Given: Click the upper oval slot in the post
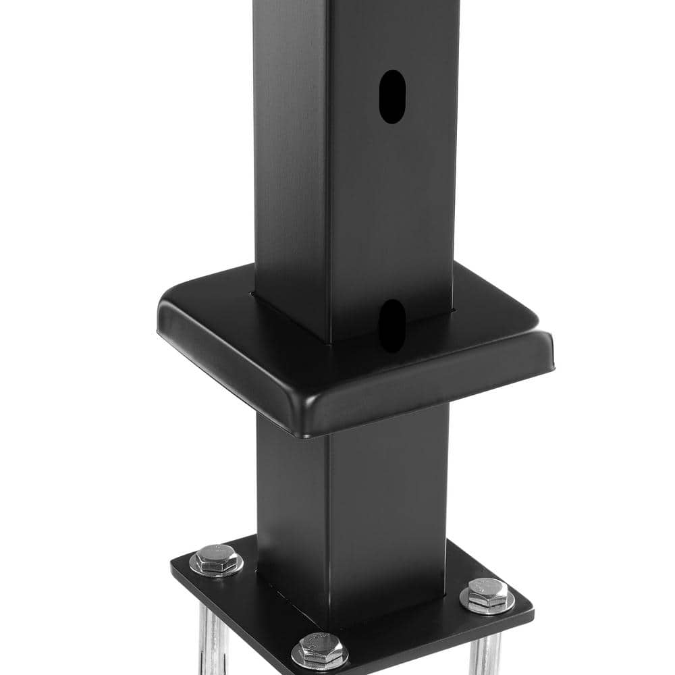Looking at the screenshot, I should pos(391,97).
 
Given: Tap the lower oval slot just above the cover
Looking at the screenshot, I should pos(391,325).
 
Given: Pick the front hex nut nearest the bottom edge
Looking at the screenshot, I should pos(319,650).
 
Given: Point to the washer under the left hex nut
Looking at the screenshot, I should pos(216,568).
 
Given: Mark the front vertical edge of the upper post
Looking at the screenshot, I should pos(328,169).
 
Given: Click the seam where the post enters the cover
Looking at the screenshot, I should pos(290,317).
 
